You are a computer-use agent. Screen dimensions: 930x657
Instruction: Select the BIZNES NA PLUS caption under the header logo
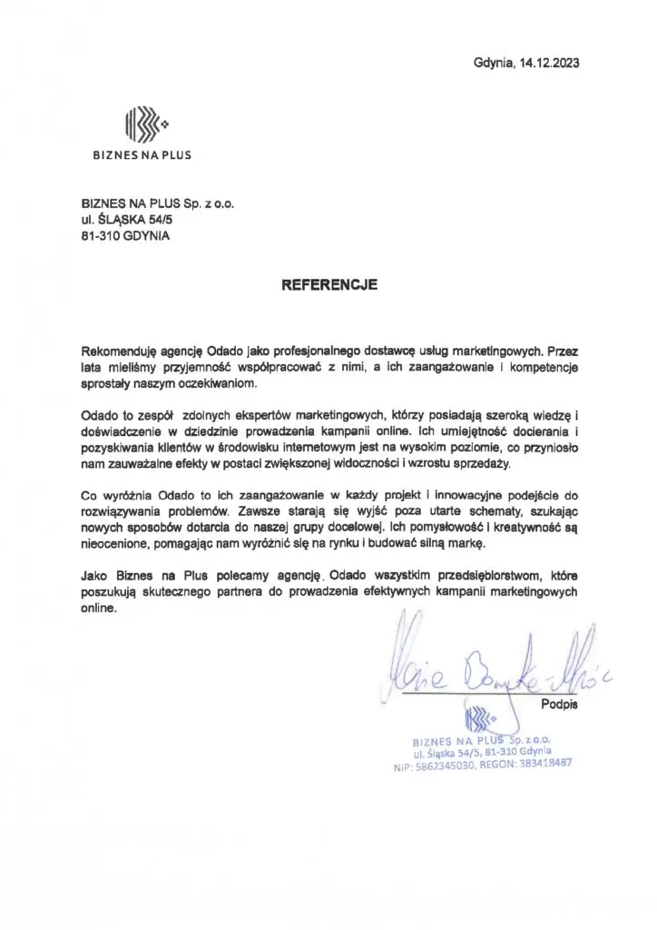[142, 155]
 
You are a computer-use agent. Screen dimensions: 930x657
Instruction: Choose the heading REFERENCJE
[328, 284]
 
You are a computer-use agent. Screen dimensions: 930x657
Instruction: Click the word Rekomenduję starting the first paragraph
[119, 349]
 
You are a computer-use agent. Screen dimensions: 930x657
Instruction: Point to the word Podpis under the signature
[559, 703]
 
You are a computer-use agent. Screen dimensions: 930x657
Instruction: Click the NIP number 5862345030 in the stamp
[446, 766]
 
